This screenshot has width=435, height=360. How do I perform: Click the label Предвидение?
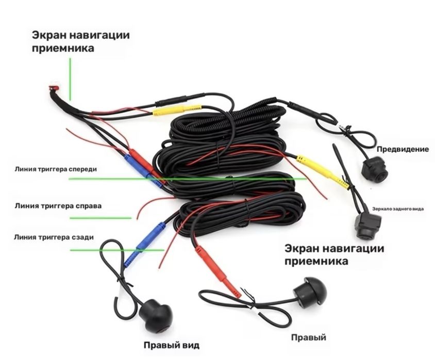tap(403, 149)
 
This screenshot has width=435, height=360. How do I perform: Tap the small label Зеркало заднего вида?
tap(398, 209)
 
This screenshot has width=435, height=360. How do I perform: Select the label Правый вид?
tap(172, 345)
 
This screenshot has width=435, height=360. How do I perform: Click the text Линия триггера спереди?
tap(56, 169)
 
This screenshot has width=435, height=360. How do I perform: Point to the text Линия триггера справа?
tap(58, 206)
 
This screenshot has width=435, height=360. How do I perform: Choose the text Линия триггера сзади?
tap(54, 237)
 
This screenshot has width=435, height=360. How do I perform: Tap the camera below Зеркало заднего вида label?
tap(368, 226)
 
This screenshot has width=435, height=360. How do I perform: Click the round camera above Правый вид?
tap(156, 316)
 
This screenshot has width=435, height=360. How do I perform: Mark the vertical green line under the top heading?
tap(70, 79)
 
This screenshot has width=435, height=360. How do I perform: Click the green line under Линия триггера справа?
tap(101, 218)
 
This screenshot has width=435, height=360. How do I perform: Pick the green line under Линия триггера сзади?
tap(117, 250)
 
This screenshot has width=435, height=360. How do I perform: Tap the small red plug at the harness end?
tap(54, 88)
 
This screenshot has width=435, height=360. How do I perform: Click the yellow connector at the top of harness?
tap(177, 110)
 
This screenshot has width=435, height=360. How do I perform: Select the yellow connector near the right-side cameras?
tap(323, 172)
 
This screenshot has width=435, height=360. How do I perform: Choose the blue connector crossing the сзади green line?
tap(144, 244)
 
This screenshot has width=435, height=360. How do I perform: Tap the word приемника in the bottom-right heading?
tap(316, 261)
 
